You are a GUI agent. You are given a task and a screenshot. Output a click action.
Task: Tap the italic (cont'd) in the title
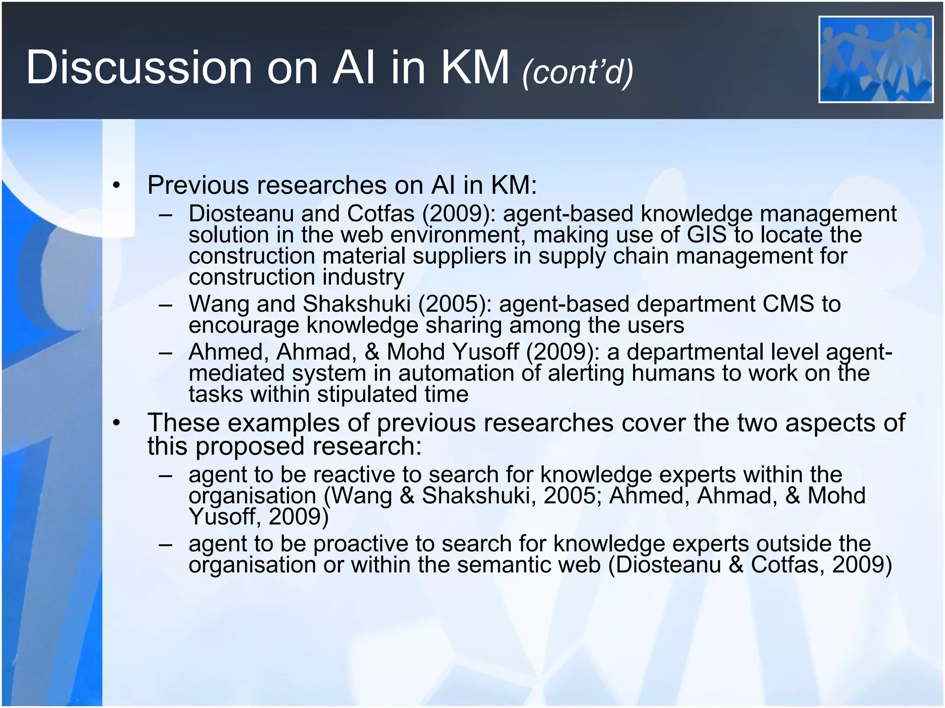[x=578, y=72]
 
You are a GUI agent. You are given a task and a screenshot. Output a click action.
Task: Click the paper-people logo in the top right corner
[x=876, y=59]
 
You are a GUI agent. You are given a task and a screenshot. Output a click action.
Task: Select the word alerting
[x=586, y=373]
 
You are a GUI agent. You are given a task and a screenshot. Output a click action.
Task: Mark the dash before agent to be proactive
[x=165, y=544]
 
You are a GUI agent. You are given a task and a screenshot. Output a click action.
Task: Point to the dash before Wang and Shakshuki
[x=165, y=305]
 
